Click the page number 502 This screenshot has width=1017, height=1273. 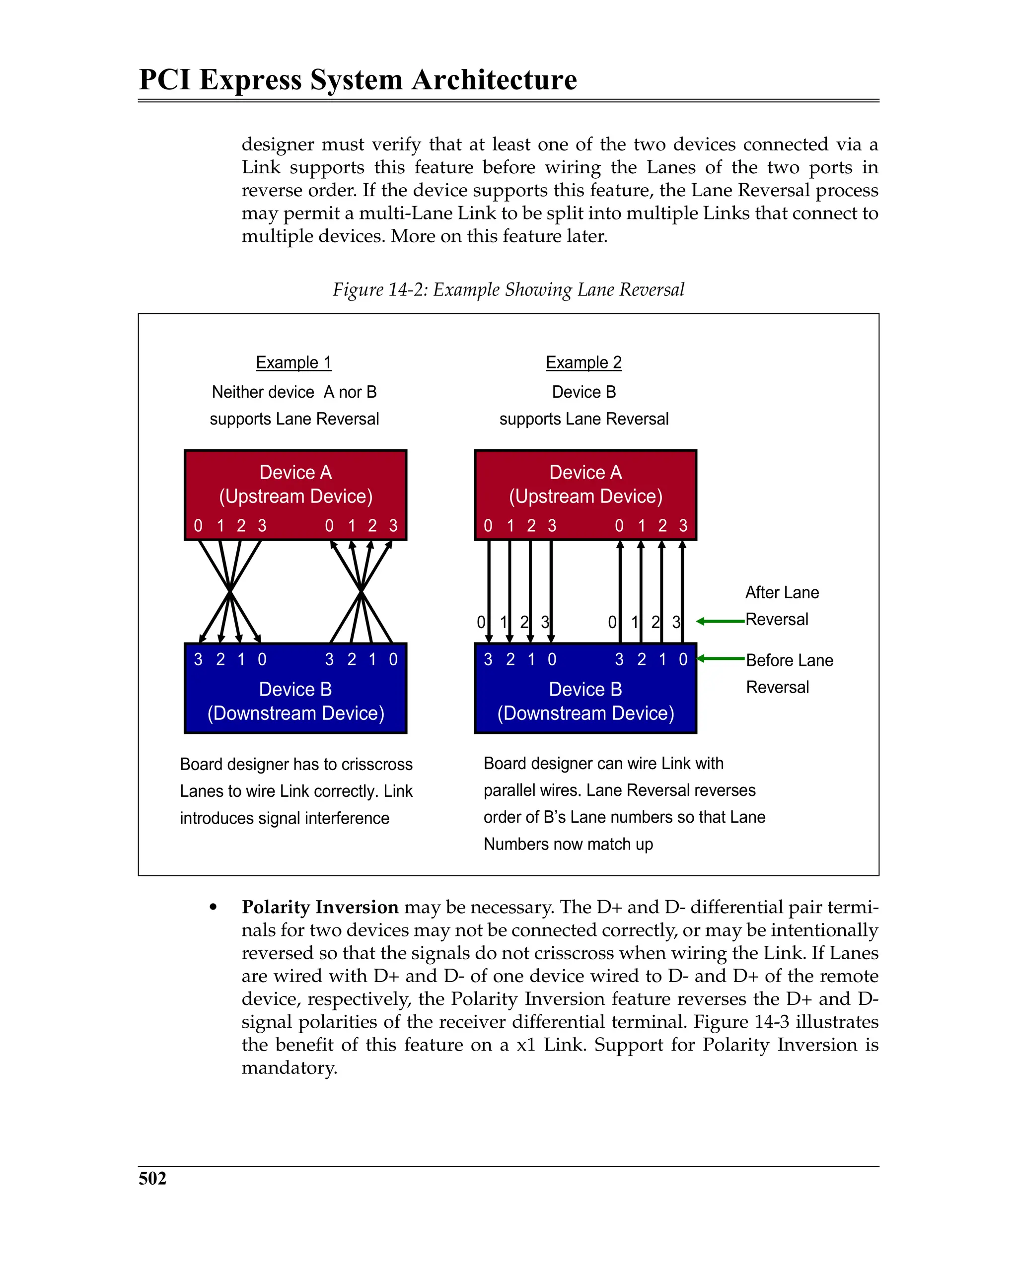[x=152, y=1178]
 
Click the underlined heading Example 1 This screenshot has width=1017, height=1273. [x=293, y=362]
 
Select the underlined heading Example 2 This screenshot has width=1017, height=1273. [x=583, y=362]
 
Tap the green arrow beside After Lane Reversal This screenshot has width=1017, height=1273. [x=720, y=621]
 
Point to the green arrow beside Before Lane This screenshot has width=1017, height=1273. [x=720, y=658]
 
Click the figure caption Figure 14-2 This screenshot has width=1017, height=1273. [x=508, y=289]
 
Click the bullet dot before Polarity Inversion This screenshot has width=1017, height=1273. [x=213, y=908]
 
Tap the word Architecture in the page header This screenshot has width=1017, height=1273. [x=494, y=80]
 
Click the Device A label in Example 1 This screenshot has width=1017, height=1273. [x=295, y=472]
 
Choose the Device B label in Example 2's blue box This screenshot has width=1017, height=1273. [x=585, y=689]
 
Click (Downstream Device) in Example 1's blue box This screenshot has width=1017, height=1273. [x=295, y=713]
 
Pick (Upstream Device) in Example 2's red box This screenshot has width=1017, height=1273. [x=585, y=496]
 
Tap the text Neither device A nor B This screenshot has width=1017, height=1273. [x=294, y=392]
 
